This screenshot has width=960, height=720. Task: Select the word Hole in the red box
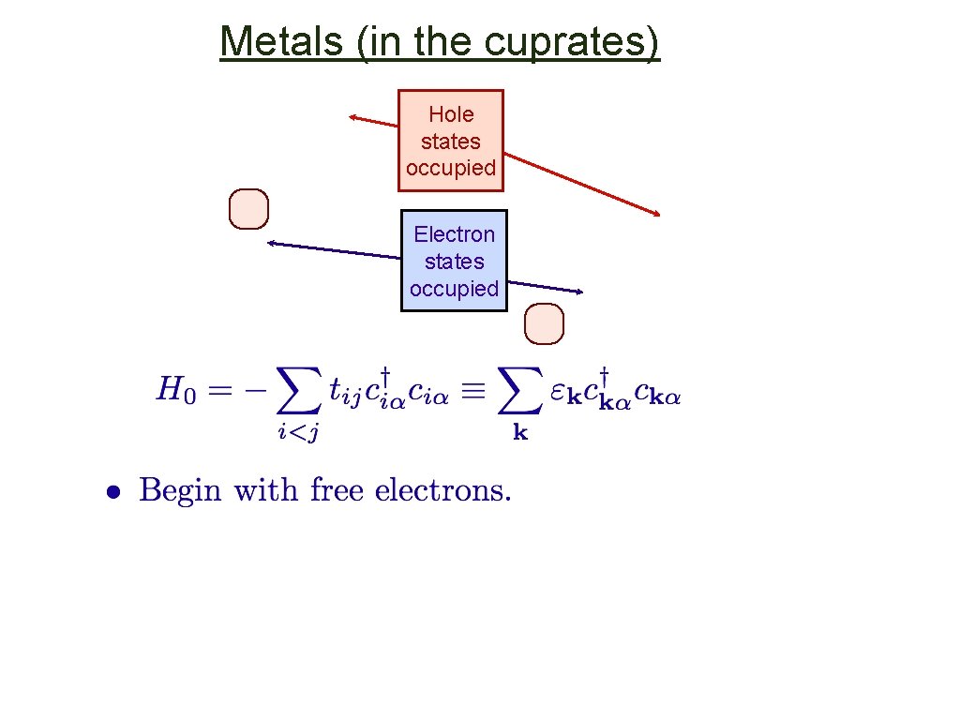click(x=451, y=114)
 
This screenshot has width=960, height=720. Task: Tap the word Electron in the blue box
click(x=454, y=233)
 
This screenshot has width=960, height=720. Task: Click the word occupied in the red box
click(x=451, y=168)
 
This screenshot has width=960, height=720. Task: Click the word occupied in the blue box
click(x=454, y=289)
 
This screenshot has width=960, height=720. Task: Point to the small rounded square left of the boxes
click(x=249, y=209)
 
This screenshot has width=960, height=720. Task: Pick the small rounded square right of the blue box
click(x=544, y=324)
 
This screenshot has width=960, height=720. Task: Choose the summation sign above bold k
click(x=519, y=391)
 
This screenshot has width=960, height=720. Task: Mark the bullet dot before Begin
click(x=112, y=491)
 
